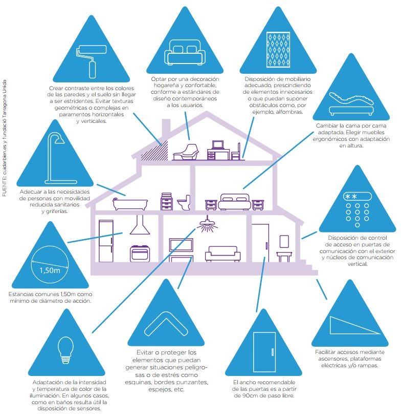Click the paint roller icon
click(x=88, y=60)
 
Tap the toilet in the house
click(x=184, y=202)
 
